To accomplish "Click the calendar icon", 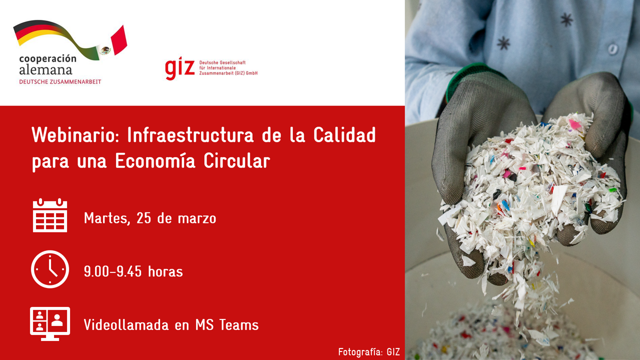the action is (x=50, y=215).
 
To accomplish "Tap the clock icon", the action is (x=50, y=269).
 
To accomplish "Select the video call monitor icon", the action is (x=50, y=323).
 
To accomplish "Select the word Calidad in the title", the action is (x=344, y=135).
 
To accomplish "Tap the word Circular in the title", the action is (x=237, y=161).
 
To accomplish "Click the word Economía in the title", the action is (x=155, y=161).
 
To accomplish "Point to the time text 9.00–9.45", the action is (x=113, y=271).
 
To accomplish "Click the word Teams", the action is (x=239, y=325).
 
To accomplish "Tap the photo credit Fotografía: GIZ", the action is (x=369, y=352).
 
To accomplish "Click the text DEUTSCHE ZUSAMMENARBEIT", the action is (x=60, y=82).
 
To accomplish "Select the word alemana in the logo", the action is (x=45, y=70).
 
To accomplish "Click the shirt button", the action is (x=612, y=49).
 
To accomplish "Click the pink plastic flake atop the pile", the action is (x=575, y=124).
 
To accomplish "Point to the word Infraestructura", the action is (x=190, y=135).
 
